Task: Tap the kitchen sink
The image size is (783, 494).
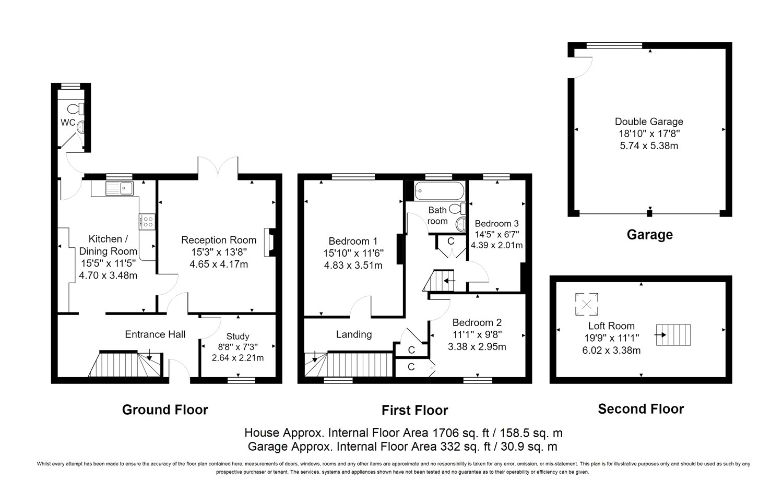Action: click(x=119, y=188)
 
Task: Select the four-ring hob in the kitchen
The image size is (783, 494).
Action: click(x=147, y=222)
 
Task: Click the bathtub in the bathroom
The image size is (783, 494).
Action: click(x=440, y=191)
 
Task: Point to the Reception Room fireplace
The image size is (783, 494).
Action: click(x=269, y=243)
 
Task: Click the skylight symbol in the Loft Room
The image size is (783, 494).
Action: click(x=587, y=304)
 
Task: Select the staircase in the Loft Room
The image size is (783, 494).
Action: click(x=673, y=335)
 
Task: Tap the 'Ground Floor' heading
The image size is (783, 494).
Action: click(x=165, y=409)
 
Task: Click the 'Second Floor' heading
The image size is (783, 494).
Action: click(x=640, y=409)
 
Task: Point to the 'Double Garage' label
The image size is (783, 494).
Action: click(x=649, y=122)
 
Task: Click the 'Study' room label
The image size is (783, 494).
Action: click(x=238, y=336)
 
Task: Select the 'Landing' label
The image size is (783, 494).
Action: click(x=354, y=334)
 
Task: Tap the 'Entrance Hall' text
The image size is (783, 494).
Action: click(x=155, y=334)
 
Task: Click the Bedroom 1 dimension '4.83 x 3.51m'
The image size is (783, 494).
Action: click(x=353, y=265)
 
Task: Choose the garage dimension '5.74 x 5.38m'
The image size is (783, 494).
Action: click(x=649, y=146)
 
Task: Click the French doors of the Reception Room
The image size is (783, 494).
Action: click(x=218, y=166)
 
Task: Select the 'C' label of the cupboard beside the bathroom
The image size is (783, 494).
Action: click(x=451, y=241)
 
